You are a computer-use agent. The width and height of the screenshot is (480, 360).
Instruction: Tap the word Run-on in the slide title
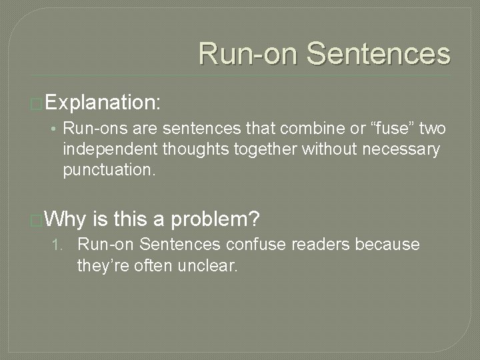(x=244, y=53)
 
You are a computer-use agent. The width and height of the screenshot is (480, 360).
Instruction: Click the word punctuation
(x=109, y=170)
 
